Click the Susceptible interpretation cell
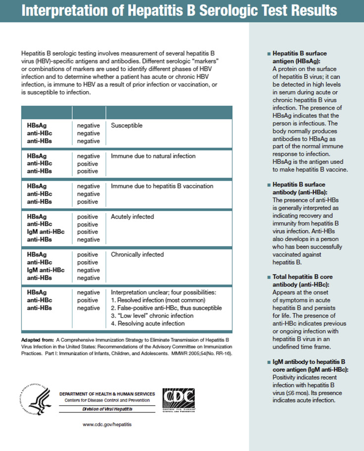[x=126, y=126]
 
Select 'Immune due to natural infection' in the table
[x=153, y=156]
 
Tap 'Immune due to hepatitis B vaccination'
[x=162, y=186]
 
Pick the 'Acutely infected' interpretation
[x=132, y=217]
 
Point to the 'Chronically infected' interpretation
[x=137, y=255]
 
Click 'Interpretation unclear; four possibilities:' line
[x=163, y=292]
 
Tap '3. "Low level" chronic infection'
[x=152, y=316]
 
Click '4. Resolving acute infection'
[x=148, y=324]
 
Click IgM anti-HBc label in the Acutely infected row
[x=46, y=232]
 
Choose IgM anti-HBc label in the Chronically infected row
[x=46, y=270]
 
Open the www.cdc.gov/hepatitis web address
[x=107, y=425]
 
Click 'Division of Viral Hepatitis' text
[x=107, y=409]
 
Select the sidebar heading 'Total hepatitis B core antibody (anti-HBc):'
[x=302, y=281]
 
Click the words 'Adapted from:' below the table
[x=37, y=340]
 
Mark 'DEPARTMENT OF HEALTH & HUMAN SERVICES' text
[x=107, y=394]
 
